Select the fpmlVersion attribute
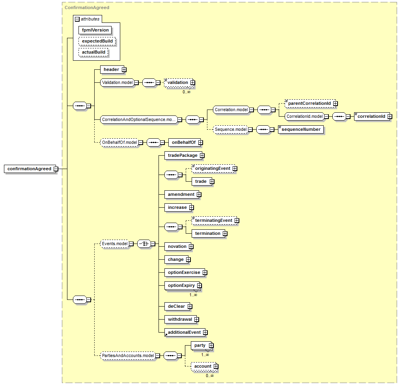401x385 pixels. click(95, 30)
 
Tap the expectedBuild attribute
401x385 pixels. click(97, 41)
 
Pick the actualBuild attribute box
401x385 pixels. click(93, 52)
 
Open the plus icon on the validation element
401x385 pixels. click(192, 83)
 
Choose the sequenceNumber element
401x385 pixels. click(301, 129)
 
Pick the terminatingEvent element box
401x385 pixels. click(214, 220)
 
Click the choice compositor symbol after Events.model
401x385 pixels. click(144, 244)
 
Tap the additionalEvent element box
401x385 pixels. click(185, 332)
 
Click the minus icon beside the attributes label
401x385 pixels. click(77, 19)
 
